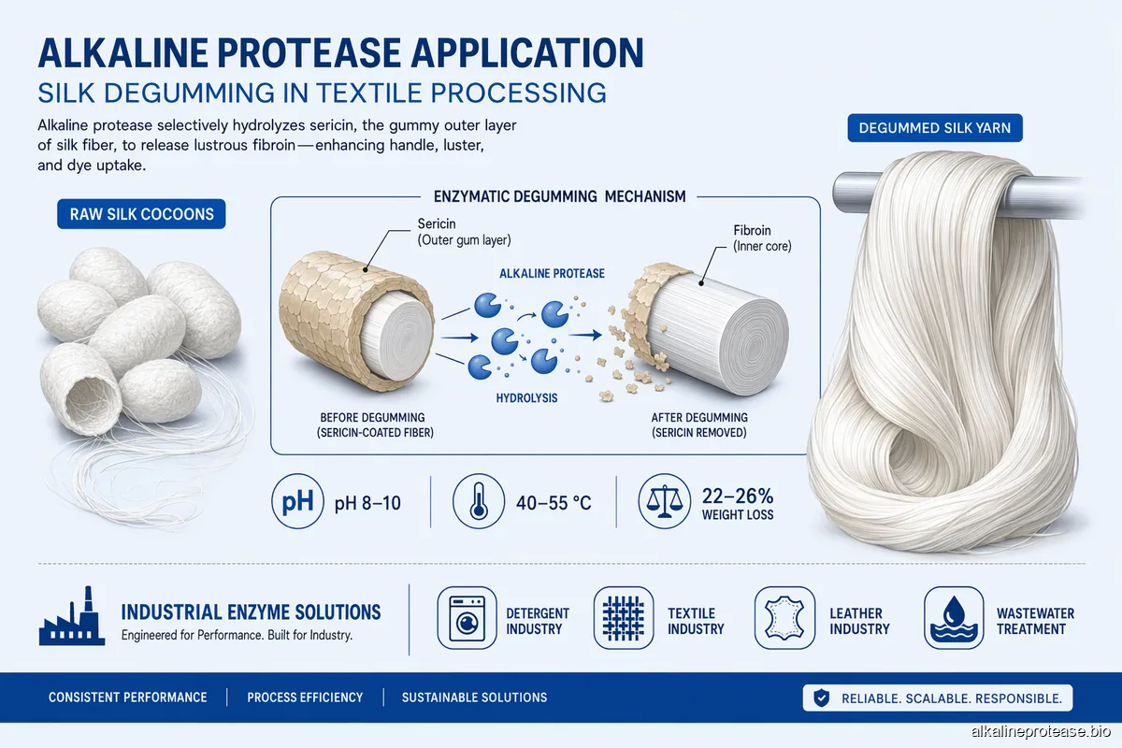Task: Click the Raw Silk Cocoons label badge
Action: (141, 214)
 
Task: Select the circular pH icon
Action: (296, 503)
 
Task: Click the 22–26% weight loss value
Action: (738, 496)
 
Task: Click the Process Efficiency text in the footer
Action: (305, 698)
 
